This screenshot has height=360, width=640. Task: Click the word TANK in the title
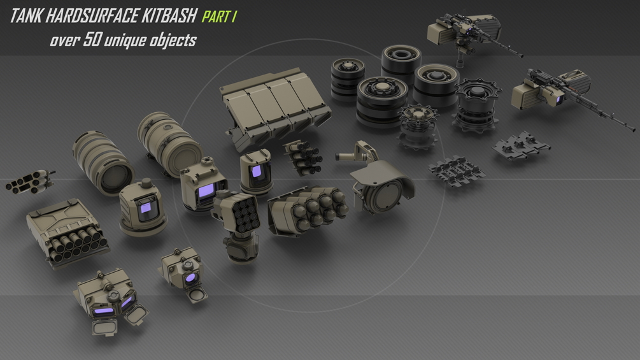click(25, 17)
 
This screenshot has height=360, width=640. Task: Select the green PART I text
click(219, 17)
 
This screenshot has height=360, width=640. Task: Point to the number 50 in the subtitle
click(92, 40)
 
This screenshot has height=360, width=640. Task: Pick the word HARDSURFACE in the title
click(92, 17)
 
